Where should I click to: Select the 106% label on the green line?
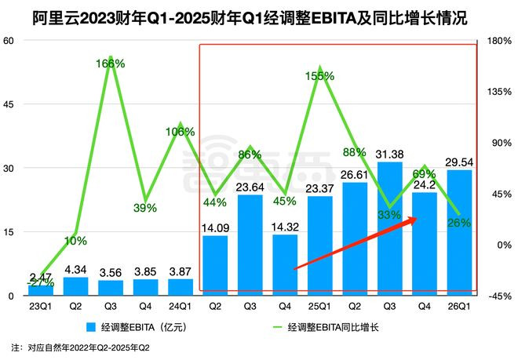click(181, 132)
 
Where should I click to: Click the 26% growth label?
click(459, 223)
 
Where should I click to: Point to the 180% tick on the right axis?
click(497, 41)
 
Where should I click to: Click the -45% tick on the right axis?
click(497, 296)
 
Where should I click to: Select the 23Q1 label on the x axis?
click(40, 307)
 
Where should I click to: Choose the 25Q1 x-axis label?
click(319, 307)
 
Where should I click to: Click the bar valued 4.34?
click(75, 286)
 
